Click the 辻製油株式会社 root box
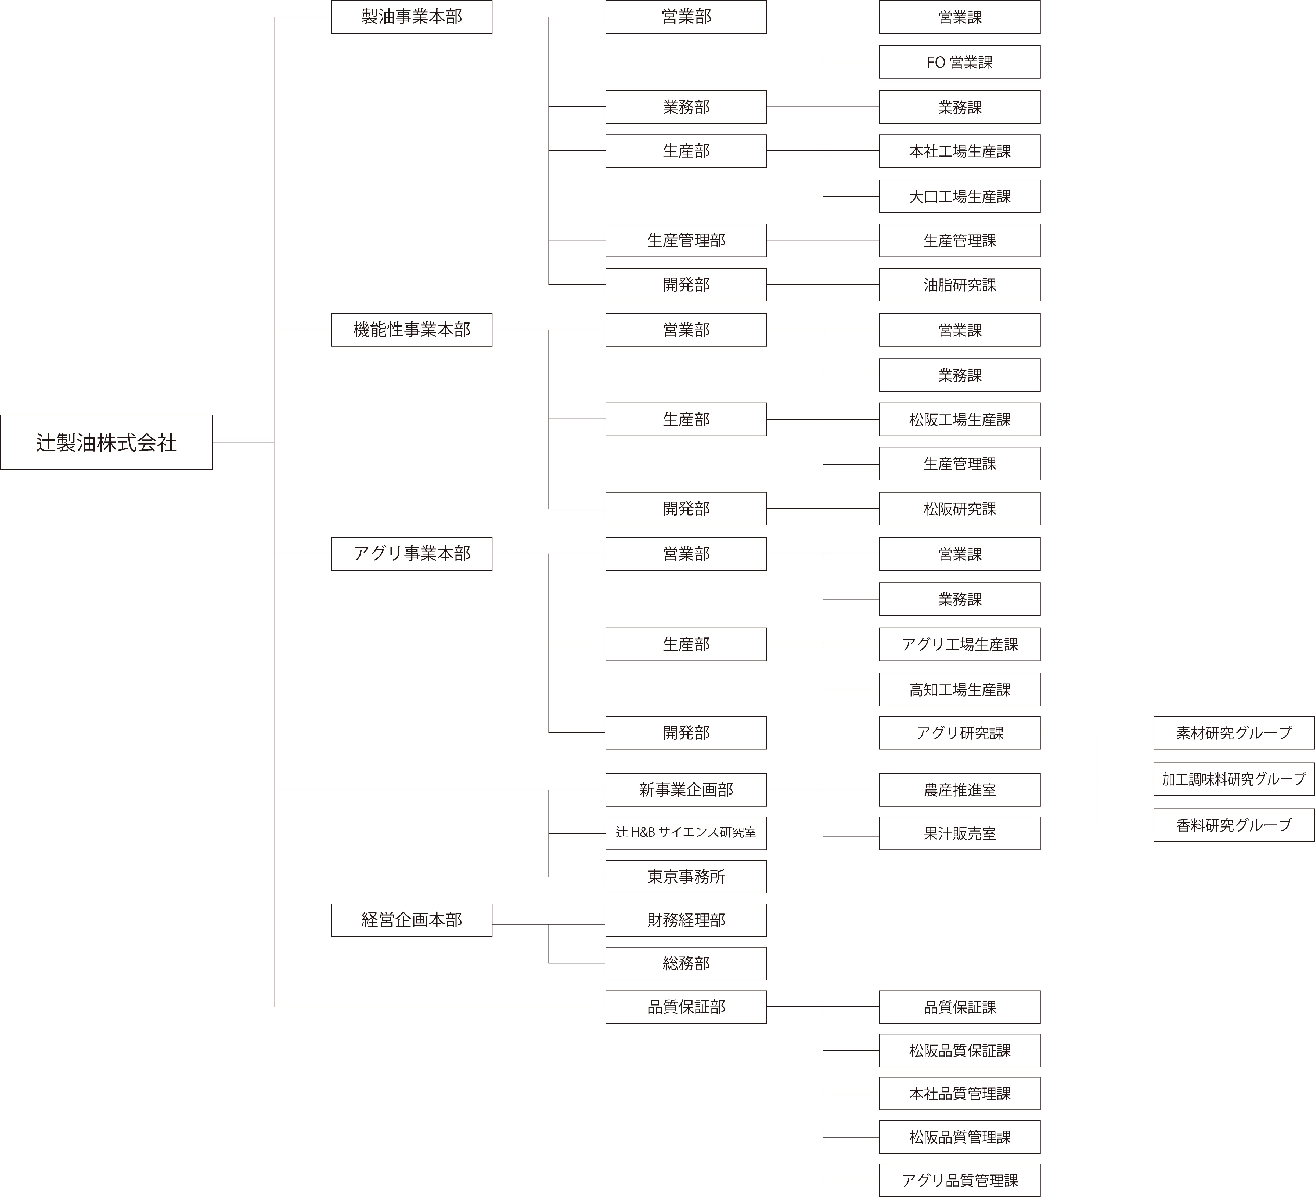(x=106, y=442)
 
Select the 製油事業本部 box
(x=412, y=17)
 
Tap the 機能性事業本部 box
(x=412, y=330)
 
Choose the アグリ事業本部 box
(x=412, y=553)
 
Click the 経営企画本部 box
(x=412, y=920)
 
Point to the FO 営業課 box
(x=960, y=62)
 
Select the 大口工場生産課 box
(x=960, y=196)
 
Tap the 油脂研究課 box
(x=960, y=284)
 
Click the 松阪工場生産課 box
(x=960, y=419)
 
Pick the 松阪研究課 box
(x=960, y=509)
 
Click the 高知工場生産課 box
(x=960, y=689)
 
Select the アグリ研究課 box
(x=960, y=733)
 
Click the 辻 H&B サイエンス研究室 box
(x=686, y=833)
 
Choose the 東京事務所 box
(x=686, y=876)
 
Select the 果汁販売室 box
(x=960, y=833)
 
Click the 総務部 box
(x=686, y=963)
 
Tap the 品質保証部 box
(x=686, y=1007)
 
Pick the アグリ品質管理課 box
(x=960, y=1180)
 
